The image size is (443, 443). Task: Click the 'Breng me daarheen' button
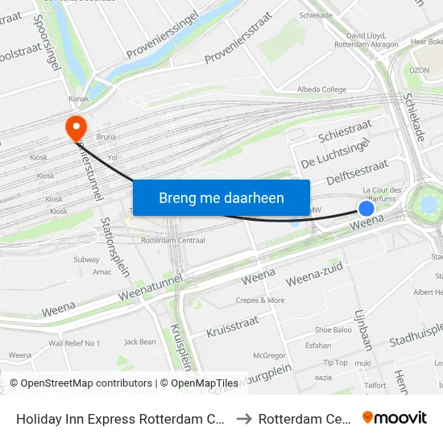point(221,197)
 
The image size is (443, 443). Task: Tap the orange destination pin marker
point(77,126)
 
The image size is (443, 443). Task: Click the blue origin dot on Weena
point(366,209)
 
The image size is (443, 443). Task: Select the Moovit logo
point(395,417)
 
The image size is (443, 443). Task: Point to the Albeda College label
point(322,89)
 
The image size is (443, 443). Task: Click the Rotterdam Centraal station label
point(173,240)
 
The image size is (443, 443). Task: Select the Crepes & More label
point(260,300)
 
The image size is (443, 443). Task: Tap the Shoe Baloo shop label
point(333,329)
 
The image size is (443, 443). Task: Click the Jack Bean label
point(140,342)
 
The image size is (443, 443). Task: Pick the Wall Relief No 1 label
point(74,343)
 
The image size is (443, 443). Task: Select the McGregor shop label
point(269,355)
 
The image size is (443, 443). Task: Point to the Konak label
point(79,99)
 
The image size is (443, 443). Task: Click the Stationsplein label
point(114,246)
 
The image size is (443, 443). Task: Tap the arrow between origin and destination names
point(244,418)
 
